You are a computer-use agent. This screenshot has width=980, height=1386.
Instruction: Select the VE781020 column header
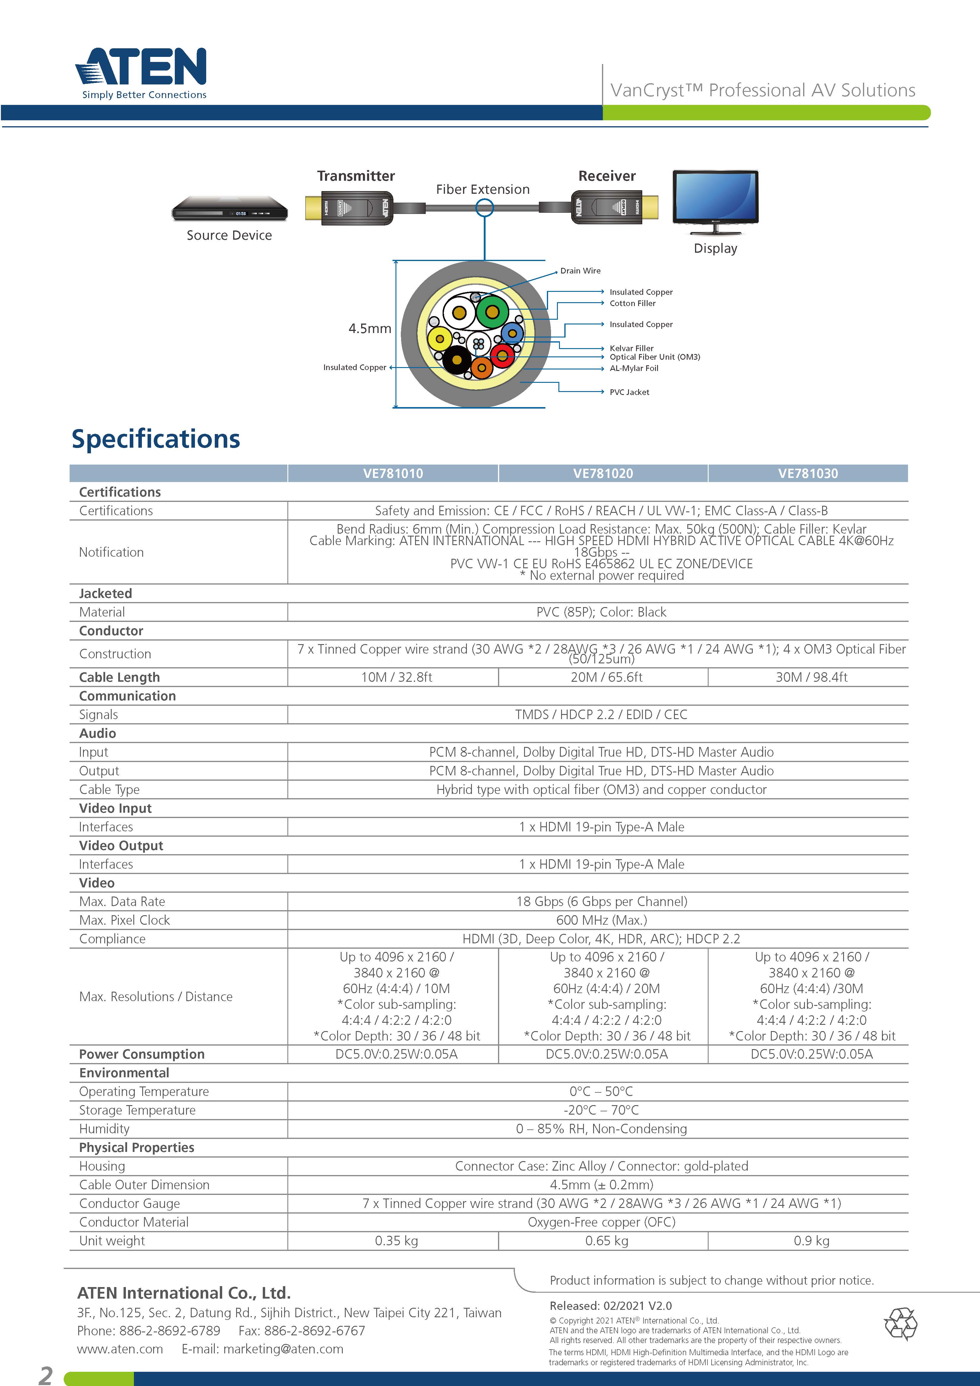pos(603,473)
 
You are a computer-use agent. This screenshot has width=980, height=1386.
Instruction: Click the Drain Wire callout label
pos(580,271)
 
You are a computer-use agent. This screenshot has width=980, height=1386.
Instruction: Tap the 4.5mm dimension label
pos(369,328)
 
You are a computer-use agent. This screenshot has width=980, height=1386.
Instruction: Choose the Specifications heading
pos(156,439)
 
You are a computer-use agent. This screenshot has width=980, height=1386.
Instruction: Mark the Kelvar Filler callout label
pos(631,348)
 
